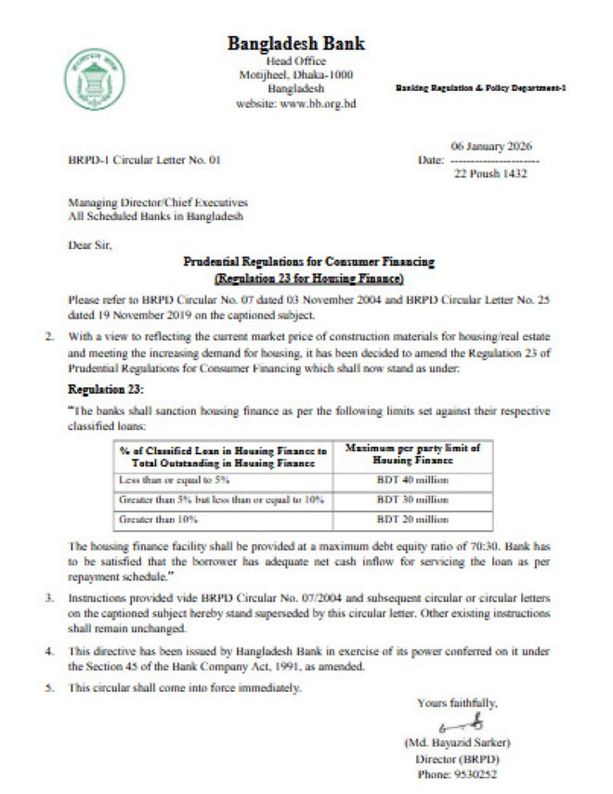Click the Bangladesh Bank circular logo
(x=95, y=74)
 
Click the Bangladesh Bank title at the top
(x=296, y=44)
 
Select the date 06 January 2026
(x=491, y=147)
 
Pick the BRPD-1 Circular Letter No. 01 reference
(x=145, y=161)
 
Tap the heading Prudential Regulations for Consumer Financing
(x=309, y=264)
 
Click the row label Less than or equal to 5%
(x=167, y=479)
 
